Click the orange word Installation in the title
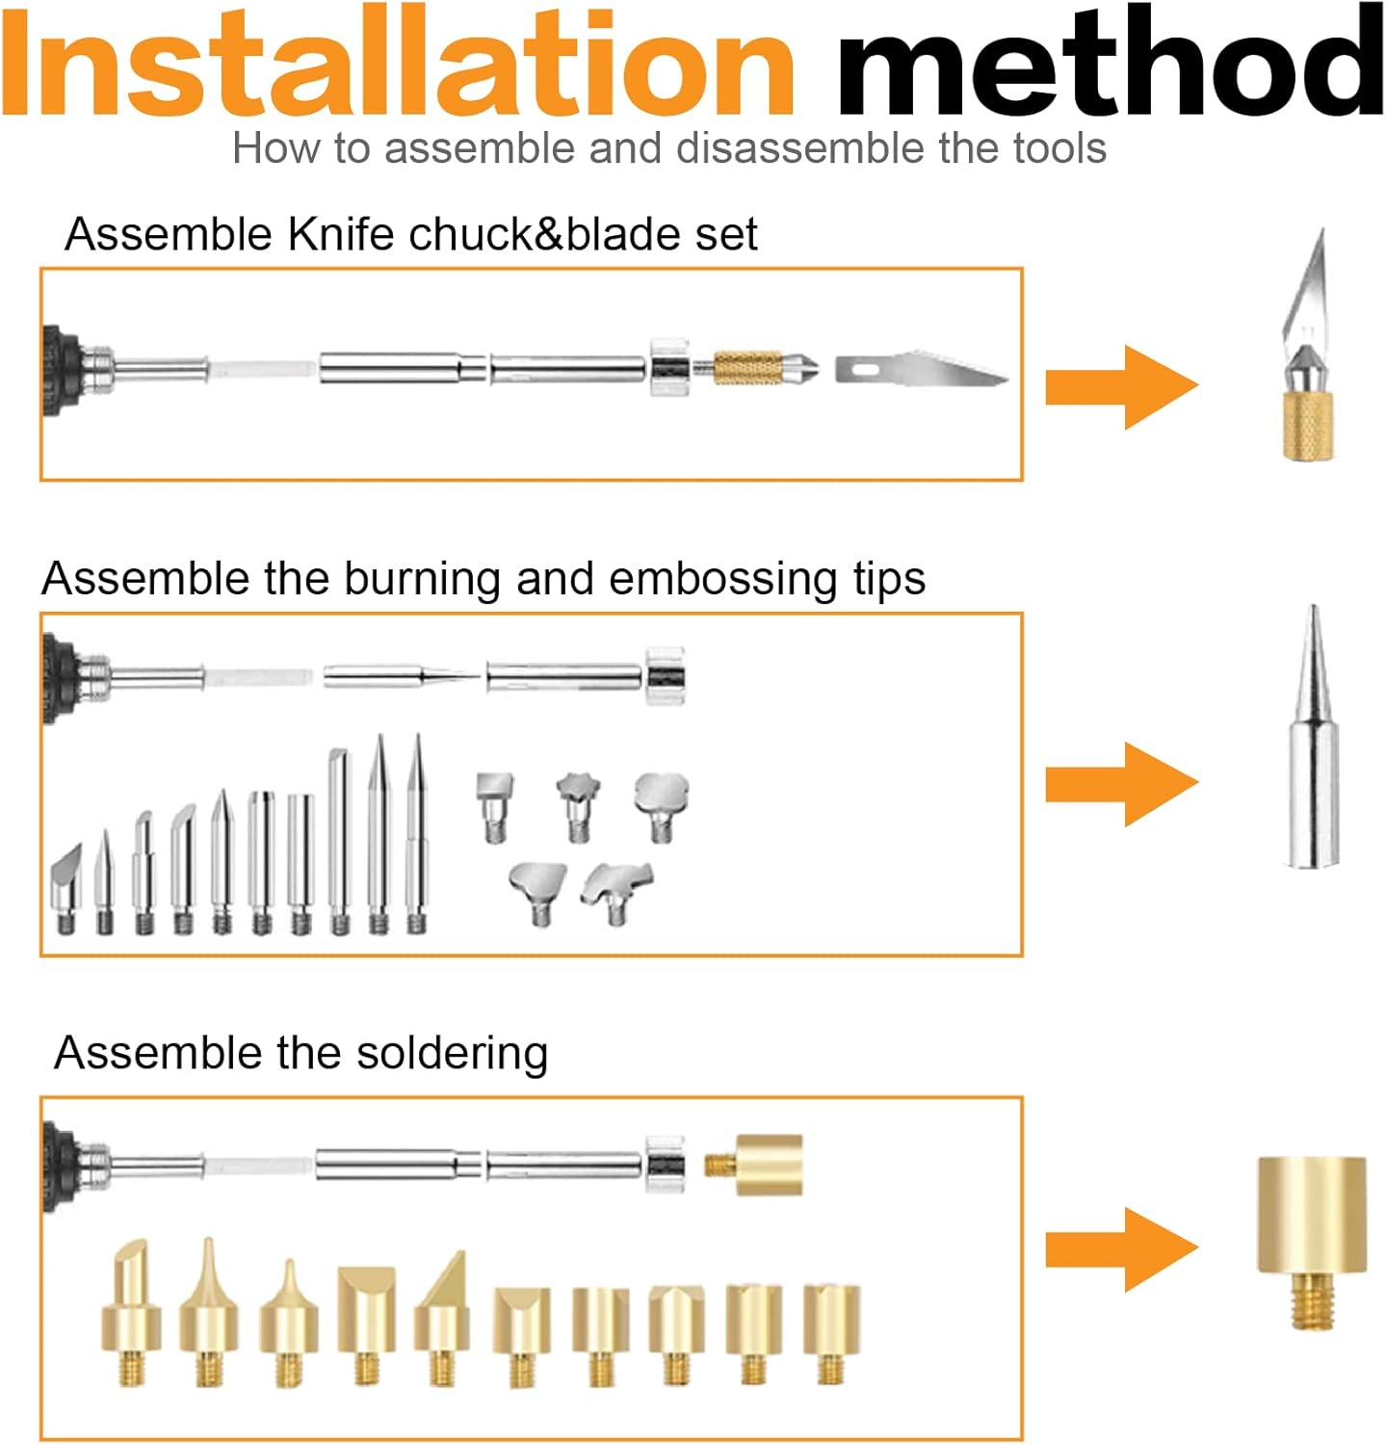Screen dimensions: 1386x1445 (x=398, y=64)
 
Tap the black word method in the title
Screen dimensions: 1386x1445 (x=1110, y=64)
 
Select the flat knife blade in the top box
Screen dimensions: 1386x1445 (x=922, y=370)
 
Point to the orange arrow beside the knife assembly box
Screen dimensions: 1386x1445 (x=1121, y=386)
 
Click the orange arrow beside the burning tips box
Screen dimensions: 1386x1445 (x=1121, y=784)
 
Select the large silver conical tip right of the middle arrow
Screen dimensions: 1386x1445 (x=1312, y=737)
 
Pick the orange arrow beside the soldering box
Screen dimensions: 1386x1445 (x=1121, y=1250)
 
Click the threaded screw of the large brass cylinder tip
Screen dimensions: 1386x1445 (x=1312, y=1301)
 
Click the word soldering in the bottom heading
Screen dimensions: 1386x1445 (x=452, y=1054)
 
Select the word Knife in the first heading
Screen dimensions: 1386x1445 (x=342, y=234)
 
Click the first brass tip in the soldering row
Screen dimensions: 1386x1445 (x=132, y=1312)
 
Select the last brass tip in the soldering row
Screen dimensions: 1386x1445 (x=831, y=1333)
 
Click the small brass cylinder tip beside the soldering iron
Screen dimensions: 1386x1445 (x=754, y=1165)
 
